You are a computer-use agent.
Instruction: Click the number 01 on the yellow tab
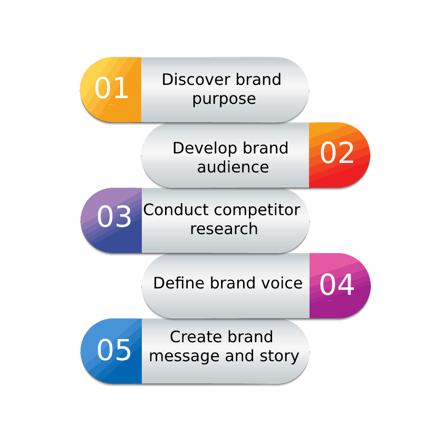pos(112,89)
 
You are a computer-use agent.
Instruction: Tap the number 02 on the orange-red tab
pos(337,153)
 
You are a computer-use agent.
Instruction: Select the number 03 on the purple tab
pos(114,217)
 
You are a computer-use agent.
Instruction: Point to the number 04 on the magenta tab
pos(337,285)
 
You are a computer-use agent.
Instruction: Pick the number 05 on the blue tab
pos(114,350)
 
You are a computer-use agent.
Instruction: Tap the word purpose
pos(224,99)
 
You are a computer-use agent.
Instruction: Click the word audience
pos(233,167)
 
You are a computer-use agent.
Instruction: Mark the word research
pos(224,229)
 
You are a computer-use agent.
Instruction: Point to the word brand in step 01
pos(258,80)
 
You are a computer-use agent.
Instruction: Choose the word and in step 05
pos(239,356)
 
